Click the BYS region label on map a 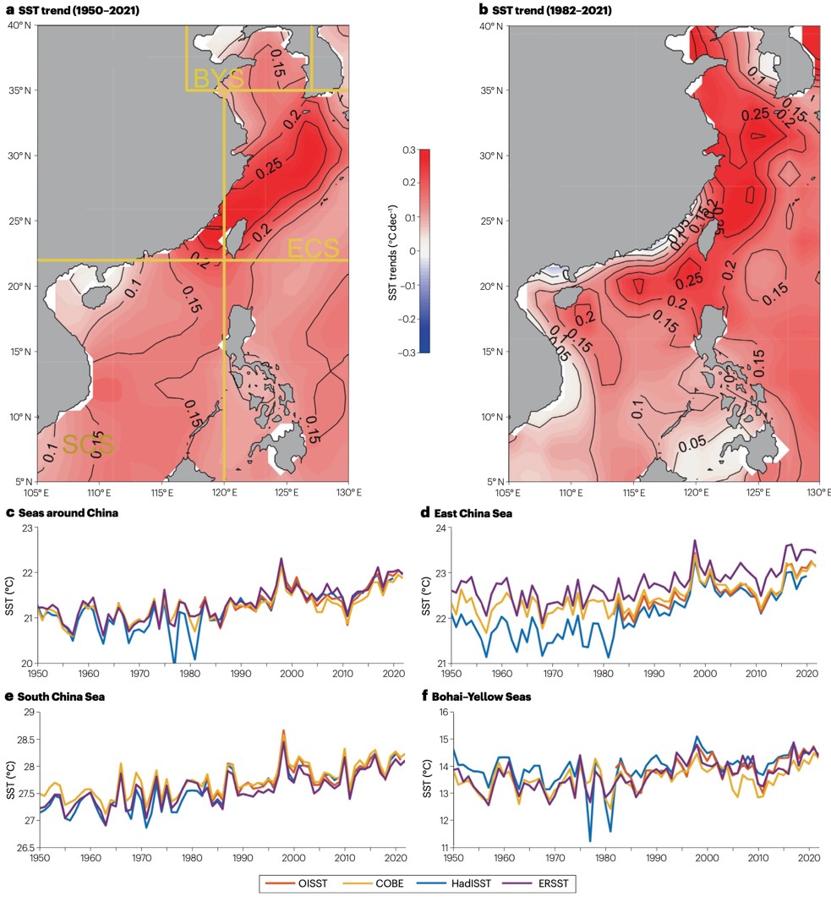[218, 79]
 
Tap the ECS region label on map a [313, 248]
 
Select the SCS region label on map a [88, 445]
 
